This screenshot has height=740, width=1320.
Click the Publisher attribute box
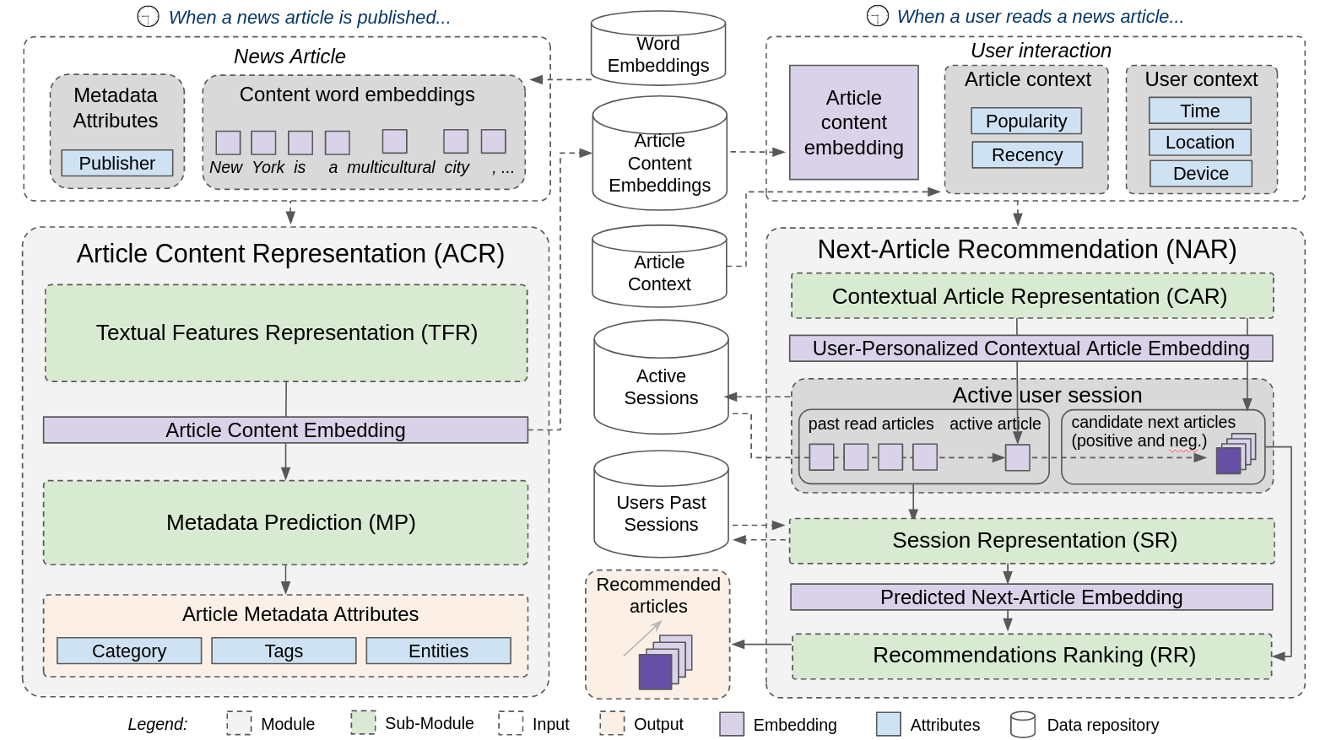(116, 163)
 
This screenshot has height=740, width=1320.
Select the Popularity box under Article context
(1025, 121)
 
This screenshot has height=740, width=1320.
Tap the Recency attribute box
(1026, 154)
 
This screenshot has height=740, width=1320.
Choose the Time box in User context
(1199, 111)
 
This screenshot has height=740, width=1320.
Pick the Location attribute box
(1199, 142)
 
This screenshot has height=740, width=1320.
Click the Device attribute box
(1200, 173)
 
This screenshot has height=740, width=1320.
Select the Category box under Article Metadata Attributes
(129, 651)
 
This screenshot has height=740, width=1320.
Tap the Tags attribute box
(284, 651)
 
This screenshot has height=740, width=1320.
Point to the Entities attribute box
(438, 651)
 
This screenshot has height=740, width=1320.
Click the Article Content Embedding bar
(285, 429)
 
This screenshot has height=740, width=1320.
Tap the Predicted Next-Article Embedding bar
(1031, 597)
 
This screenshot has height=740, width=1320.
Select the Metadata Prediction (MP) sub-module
(285, 522)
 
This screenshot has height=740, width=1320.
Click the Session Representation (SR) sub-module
(1031, 540)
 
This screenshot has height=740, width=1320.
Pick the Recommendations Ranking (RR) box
(1031, 655)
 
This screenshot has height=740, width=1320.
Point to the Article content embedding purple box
(853, 122)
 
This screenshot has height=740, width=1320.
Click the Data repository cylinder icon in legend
(1022, 724)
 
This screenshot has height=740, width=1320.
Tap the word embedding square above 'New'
(228, 142)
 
